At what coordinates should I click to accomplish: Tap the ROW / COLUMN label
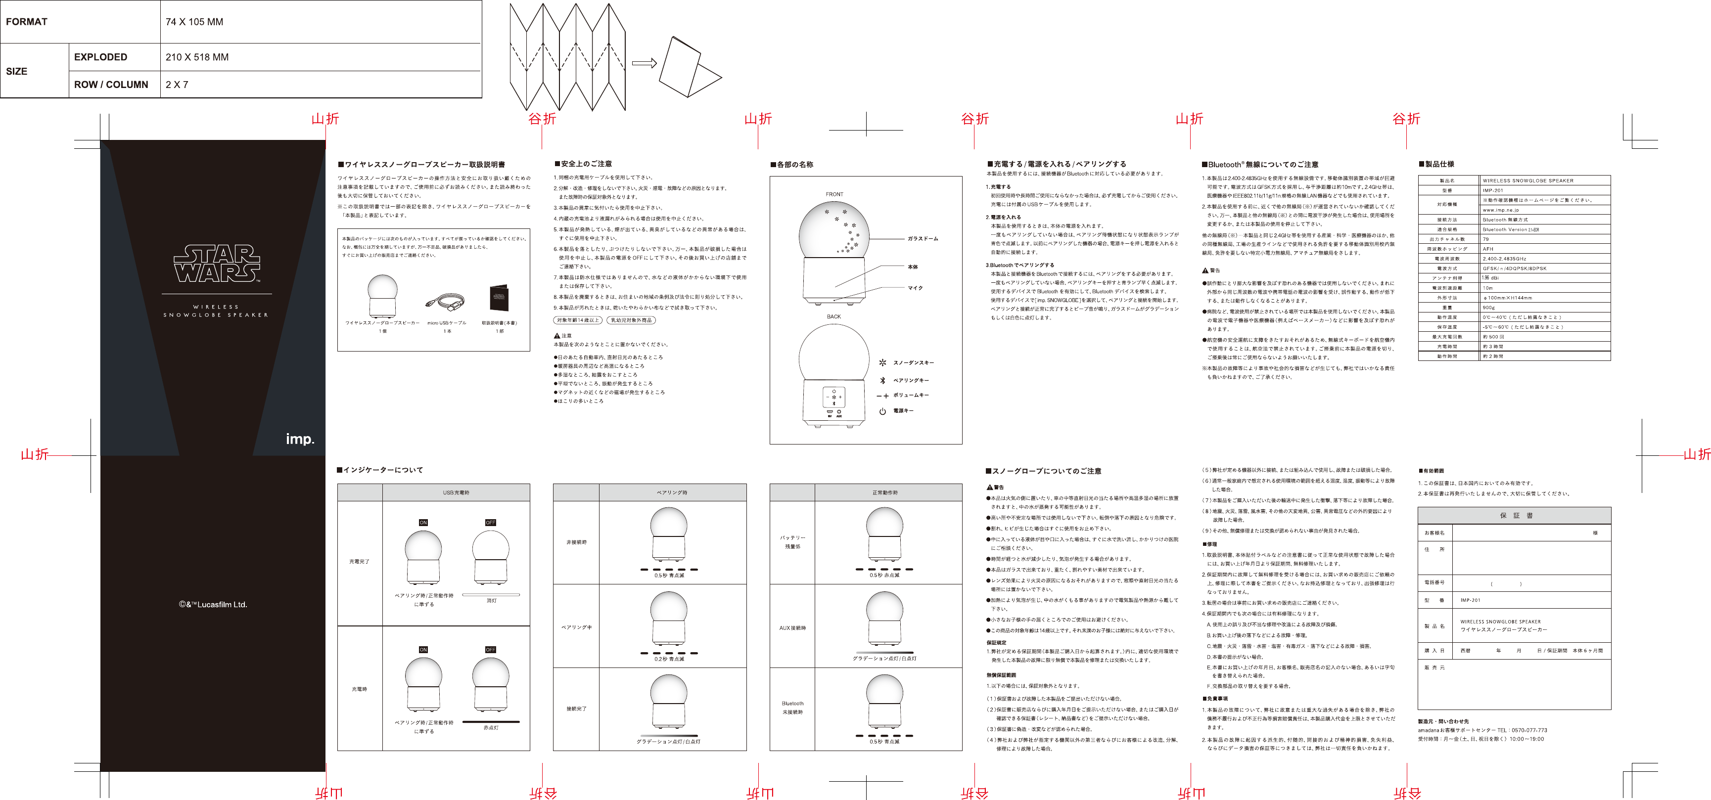tap(111, 85)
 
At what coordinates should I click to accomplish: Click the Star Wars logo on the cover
tap(217, 264)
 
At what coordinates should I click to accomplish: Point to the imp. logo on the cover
tap(300, 439)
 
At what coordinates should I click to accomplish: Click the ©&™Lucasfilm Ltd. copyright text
tap(213, 604)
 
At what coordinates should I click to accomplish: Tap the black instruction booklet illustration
tap(499, 298)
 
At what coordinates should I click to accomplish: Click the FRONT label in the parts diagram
tap(834, 194)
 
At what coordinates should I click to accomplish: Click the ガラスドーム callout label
tap(923, 238)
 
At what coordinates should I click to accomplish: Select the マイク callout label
tap(915, 288)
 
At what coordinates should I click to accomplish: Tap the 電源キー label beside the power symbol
tap(903, 411)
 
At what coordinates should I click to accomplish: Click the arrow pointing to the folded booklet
tap(644, 63)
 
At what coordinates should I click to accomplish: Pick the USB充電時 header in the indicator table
tap(456, 492)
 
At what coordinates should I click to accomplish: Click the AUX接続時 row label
tap(792, 627)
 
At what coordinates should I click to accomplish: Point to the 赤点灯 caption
tap(491, 728)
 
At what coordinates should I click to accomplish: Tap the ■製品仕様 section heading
tap(1436, 164)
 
